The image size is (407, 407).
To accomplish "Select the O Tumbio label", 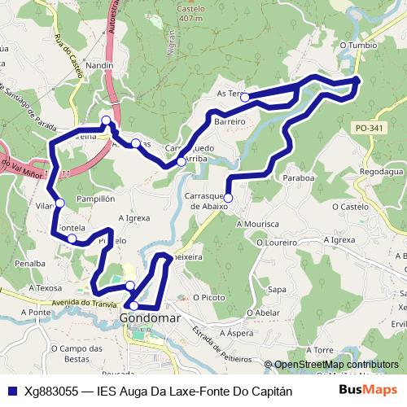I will pos(359,46).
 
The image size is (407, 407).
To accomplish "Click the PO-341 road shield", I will pos(369,128).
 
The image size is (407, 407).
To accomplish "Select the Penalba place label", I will pos(29,264).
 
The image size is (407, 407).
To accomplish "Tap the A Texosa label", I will pos(45,287).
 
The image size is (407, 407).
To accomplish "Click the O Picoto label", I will pos(208,298).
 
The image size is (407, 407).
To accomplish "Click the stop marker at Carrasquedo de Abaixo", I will pos(228,198).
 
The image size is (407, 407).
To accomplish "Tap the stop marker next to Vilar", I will pos(59,203).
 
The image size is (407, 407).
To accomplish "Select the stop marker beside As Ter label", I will pos(244,98).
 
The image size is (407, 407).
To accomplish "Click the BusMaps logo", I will pos(369,391).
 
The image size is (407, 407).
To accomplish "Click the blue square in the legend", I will pos(11,391).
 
